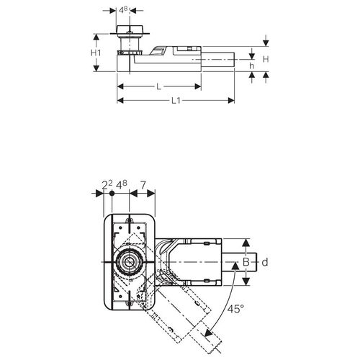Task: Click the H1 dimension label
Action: pos(96,53)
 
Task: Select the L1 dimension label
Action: pos(176,101)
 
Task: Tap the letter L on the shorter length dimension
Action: pos(158,86)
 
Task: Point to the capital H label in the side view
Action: pos(266,59)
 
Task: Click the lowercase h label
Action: pos(251,66)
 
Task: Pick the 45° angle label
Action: pos(235,309)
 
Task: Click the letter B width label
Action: pos(246,262)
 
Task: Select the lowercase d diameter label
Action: pos(265,262)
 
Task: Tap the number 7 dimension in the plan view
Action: pos(143,185)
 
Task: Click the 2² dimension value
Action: pos(107,185)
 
